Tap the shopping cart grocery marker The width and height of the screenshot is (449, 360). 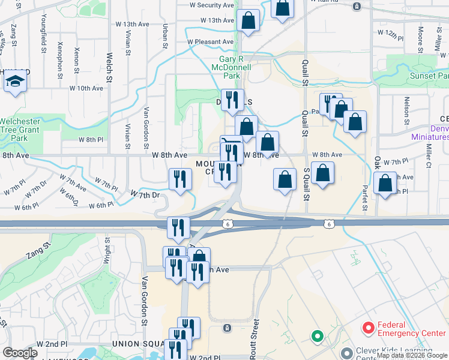231,145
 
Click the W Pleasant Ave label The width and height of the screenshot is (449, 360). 209,42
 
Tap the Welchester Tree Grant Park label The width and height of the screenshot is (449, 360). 20,130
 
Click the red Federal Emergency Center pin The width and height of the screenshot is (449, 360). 368,328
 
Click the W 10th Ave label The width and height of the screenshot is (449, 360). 86,88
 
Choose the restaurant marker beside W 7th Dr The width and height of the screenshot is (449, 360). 180,178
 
